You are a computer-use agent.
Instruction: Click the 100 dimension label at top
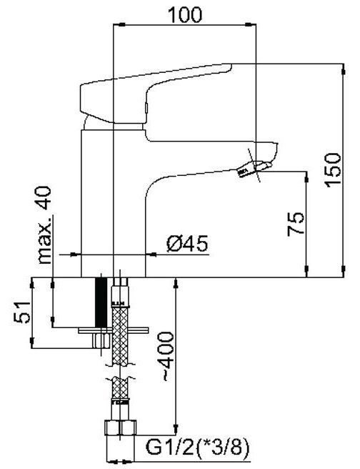click(185, 15)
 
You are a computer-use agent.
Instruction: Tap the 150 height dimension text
click(333, 170)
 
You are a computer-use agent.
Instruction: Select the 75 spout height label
click(296, 224)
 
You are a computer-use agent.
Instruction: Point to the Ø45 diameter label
click(187, 244)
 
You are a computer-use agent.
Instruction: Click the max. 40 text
click(45, 225)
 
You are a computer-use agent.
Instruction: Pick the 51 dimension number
click(22, 312)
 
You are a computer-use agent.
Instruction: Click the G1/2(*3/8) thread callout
click(197, 448)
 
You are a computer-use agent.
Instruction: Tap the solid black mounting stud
click(101, 302)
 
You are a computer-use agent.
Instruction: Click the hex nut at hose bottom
click(121, 428)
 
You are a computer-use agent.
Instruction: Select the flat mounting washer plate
click(114, 330)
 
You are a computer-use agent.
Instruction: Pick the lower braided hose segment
click(120, 388)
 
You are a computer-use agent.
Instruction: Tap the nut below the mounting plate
click(101, 340)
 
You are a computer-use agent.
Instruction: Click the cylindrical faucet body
click(114, 203)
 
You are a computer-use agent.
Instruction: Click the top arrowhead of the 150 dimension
click(344, 69)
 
